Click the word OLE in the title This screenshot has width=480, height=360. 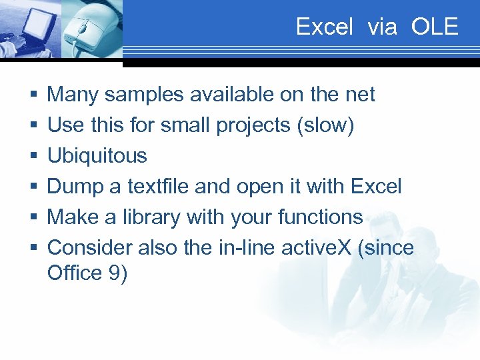[435, 27]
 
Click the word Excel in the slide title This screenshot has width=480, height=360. [324, 27]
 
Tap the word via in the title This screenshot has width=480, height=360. [382, 27]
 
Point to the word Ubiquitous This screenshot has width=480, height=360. [97, 156]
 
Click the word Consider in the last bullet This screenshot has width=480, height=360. [90, 247]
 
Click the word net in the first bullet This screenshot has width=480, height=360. [361, 95]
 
